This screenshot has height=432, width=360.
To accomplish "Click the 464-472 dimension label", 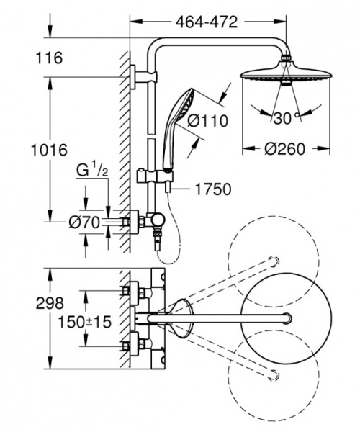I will [206, 22].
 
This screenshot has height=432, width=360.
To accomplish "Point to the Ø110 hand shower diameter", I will [208, 121].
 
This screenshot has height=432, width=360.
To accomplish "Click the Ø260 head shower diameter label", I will [284, 149].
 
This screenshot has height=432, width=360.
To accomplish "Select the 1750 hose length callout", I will [212, 189].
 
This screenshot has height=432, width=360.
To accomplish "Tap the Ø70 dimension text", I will [84, 222].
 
